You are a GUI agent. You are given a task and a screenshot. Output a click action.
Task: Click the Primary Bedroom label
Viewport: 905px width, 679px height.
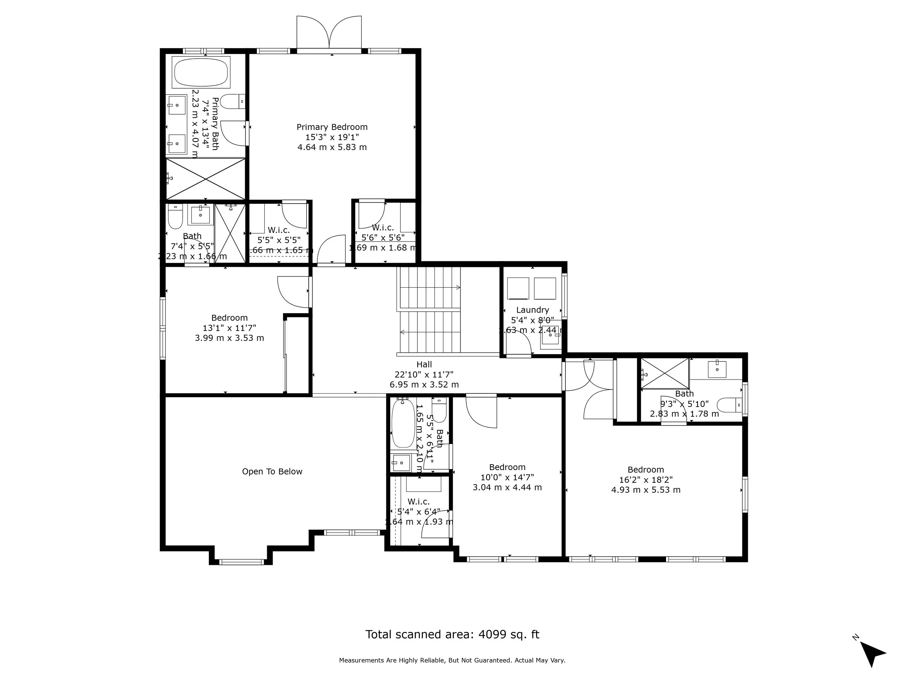coord(332,127)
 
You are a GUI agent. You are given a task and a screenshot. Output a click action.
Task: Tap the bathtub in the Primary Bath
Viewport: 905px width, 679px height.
coord(201,72)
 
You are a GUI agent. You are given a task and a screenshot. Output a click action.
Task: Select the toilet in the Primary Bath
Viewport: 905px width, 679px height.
coord(232,101)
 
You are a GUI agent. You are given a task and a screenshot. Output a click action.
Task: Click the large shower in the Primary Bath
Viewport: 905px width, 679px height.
coord(206,179)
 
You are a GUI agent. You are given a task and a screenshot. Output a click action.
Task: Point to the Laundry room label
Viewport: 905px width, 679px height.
coord(532,310)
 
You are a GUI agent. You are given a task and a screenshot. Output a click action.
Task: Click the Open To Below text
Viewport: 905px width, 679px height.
coord(272,471)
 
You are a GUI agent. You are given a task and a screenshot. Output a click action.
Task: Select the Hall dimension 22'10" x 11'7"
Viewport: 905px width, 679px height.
coord(424,374)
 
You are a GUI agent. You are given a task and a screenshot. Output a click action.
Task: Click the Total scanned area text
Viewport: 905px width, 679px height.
coord(452,635)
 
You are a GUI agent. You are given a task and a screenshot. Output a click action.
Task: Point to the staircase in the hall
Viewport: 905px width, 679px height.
coord(429,310)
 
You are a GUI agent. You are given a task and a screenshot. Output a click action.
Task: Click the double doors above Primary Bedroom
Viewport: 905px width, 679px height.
coord(329,33)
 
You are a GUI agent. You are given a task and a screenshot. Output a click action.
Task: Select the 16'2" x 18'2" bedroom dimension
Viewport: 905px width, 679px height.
coord(645,480)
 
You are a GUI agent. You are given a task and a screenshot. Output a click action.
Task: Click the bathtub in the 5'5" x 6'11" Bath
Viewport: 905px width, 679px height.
coord(403,424)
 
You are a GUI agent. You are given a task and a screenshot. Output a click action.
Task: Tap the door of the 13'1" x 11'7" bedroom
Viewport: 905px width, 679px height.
coord(292,292)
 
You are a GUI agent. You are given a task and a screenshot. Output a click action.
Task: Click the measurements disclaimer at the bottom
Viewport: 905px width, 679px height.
coord(452,661)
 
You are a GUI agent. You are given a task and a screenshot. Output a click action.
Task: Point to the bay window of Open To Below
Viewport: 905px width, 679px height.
coord(241,562)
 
